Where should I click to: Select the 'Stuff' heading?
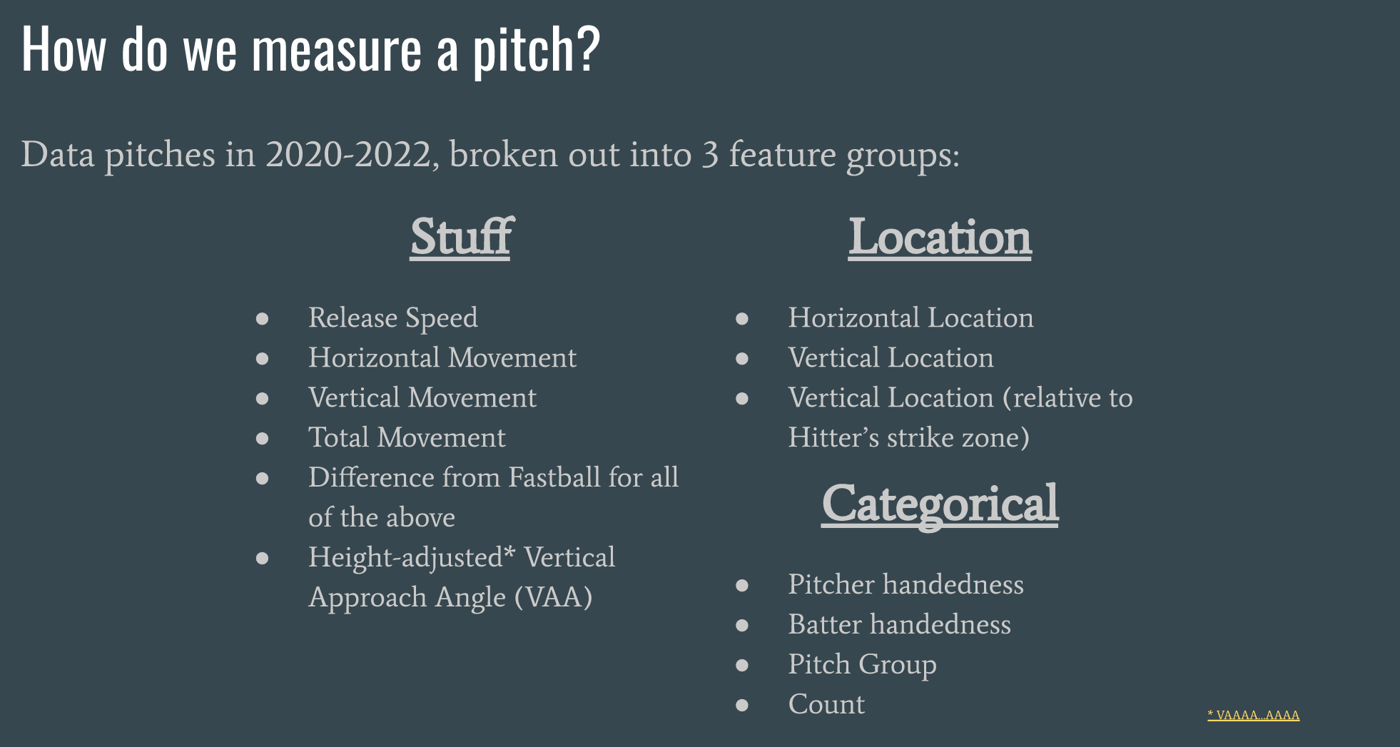tap(462, 237)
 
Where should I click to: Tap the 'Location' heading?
tap(940, 237)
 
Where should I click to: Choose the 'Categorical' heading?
tap(940, 505)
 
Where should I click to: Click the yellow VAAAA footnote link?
tap(1253, 715)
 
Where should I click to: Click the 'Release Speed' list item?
tap(393, 318)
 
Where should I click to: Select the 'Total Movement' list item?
tap(407, 437)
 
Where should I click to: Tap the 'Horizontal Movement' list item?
tap(442, 357)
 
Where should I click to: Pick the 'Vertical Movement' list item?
tap(422, 397)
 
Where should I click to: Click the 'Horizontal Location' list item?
tap(910, 317)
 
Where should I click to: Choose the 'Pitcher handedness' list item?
tap(906, 585)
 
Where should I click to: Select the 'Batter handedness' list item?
tap(900, 624)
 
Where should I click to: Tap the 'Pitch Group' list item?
tap(862, 665)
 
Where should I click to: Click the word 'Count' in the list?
tap(826, 704)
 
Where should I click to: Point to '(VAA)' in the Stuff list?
tap(554, 597)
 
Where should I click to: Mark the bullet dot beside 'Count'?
tap(742, 705)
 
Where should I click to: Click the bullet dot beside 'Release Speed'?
tap(263, 318)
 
